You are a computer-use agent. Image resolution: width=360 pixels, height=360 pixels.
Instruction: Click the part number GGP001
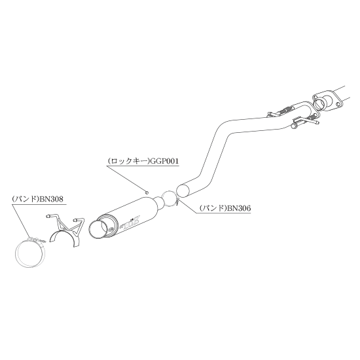(x=164, y=162)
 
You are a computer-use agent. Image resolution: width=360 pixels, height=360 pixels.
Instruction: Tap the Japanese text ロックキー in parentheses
(x=129, y=162)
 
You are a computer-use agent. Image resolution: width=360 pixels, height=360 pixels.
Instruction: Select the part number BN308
(x=51, y=199)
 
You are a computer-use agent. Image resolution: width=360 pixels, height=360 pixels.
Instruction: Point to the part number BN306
(x=239, y=208)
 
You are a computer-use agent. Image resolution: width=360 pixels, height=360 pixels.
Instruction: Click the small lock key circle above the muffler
(x=147, y=192)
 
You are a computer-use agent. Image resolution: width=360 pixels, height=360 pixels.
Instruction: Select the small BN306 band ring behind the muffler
(x=163, y=195)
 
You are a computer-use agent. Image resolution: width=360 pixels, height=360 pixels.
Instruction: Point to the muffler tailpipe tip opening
(x=97, y=230)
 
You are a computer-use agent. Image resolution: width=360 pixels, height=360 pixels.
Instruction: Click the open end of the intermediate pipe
(x=184, y=190)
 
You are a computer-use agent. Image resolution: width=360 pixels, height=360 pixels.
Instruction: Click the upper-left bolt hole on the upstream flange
(x=315, y=97)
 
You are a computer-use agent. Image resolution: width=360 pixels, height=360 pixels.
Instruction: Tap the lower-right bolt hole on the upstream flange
(x=338, y=104)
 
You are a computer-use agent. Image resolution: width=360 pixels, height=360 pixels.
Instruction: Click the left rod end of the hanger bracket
(x=48, y=216)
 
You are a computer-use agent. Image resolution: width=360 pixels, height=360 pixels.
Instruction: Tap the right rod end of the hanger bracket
(x=75, y=220)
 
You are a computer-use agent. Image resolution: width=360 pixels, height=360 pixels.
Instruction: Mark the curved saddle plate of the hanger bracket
(x=53, y=236)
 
